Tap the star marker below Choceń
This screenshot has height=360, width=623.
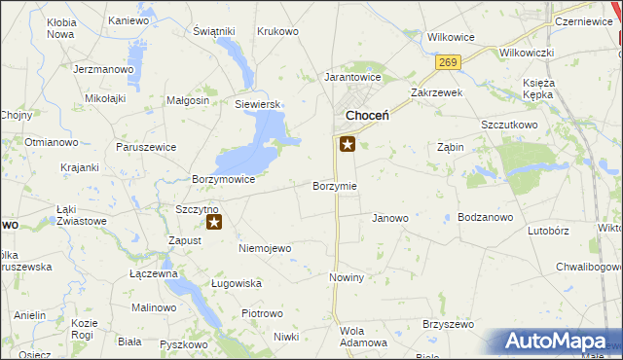(x=348, y=146)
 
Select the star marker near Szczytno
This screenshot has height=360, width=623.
(x=214, y=222)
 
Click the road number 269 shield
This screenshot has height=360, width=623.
(x=448, y=62)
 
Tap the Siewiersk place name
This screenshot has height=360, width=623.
(x=257, y=103)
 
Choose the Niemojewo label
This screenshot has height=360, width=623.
(x=265, y=248)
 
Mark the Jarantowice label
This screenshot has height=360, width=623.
(x=352, y=76)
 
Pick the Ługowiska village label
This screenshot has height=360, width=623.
(x=237, y=283)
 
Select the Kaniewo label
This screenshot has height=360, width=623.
(x=128, y=20)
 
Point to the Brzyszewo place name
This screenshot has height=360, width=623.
(x=447, y=324)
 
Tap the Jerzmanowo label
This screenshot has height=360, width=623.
(x=102, y=69)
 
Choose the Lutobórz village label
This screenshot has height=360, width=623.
(x=548, y=232)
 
